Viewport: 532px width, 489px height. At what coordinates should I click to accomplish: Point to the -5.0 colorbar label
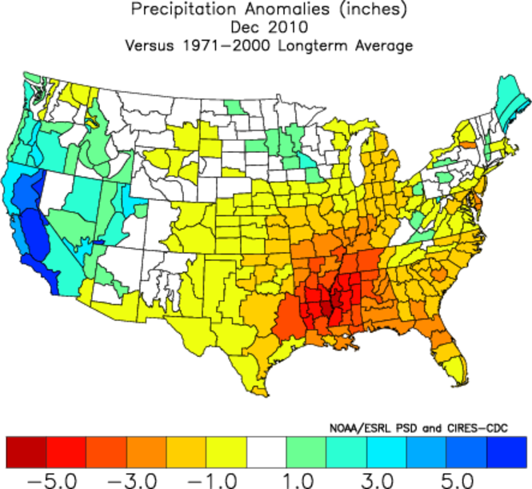click(x=46, y=479)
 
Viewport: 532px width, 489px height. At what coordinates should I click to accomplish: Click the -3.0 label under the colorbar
click(x=126, y=479)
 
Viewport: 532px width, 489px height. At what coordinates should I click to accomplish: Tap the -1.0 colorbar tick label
click(x=206, y=479)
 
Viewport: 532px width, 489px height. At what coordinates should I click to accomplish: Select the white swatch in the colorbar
click(x=266, y=452)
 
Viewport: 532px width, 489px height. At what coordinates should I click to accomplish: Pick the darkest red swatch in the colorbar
click(x=26, y=452)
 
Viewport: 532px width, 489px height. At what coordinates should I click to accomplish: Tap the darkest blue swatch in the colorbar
click(x=506, y=452)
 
